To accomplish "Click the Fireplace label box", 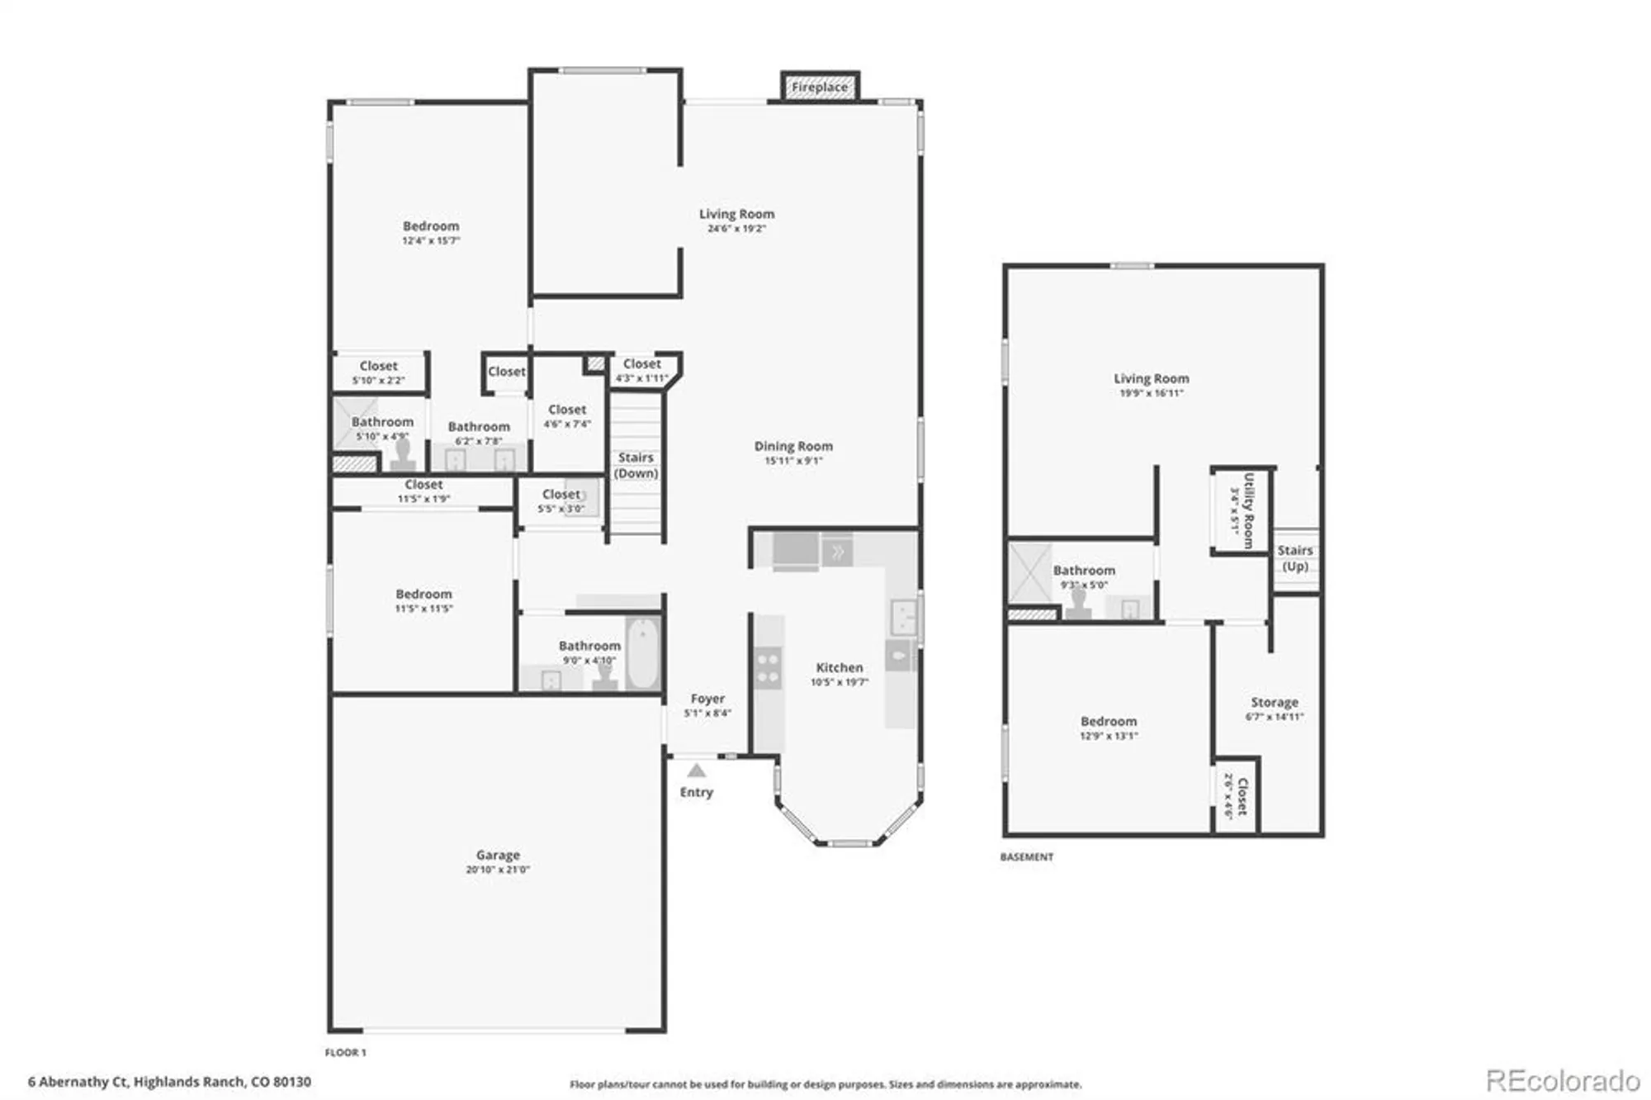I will [820, 87].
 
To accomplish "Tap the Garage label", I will [498, 855].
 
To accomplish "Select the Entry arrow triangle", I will [697, 770].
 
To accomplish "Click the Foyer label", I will [707, 699].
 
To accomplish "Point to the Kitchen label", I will [840, 667].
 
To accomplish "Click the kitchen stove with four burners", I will [768, 668].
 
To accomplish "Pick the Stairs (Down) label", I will [636, 465].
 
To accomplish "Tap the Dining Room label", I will [793, 446].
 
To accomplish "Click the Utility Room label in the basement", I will [1248, 510].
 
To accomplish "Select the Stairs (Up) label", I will [1295, 558].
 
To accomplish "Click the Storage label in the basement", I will [1275, 702].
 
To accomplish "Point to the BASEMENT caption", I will [1027, 857].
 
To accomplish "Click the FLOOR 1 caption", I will [346, 1053].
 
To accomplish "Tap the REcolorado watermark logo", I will [1563, 1080].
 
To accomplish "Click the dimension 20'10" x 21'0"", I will [498, 870].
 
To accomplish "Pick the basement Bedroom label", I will [1109, 721].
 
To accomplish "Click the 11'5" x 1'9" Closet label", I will [423, 485].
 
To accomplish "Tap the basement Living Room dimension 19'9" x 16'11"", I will [1152, 393].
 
